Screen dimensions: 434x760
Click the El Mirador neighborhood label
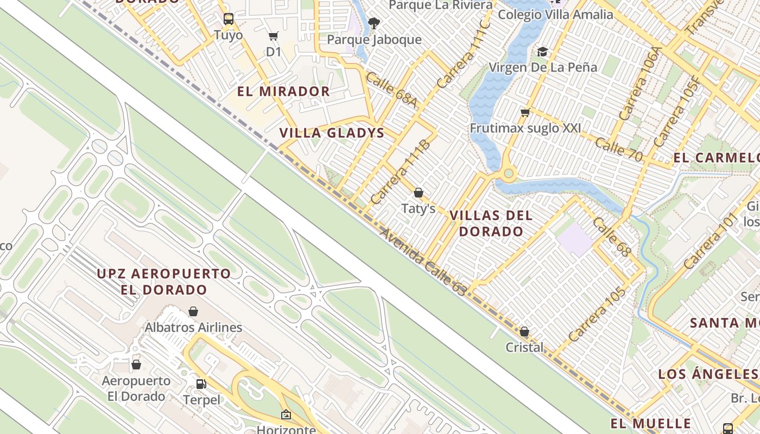(x=283, y=91)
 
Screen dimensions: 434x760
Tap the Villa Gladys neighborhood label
(x=332, y=133)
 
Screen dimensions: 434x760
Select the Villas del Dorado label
(x=491, y=223)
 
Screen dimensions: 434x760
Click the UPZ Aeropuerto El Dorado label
(x=164, y=281)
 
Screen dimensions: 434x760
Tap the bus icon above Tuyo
(x=229, y=19)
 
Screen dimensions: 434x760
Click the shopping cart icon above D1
(x=274, y=36)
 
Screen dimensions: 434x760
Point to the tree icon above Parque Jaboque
(x=373, y=23)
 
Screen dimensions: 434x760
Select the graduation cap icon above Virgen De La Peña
(x=542, y=52)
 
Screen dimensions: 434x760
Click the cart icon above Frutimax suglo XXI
(x=525, y=113)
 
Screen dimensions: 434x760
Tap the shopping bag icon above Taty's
(x=419, y=193)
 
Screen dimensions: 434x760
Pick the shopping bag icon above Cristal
(x=524, y=331)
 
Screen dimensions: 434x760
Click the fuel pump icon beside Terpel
(x=201, y=384)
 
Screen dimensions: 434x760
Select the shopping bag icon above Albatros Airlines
(x=193, y=311)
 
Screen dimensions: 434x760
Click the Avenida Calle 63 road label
(x=423, y=262)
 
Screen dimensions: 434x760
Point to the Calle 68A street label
(x=391, y=90)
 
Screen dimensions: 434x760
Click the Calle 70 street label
(x=618, y=149)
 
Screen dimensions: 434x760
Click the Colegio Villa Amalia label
(x=555, y=14)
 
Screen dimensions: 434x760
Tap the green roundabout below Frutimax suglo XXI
(x=509, y=174)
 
